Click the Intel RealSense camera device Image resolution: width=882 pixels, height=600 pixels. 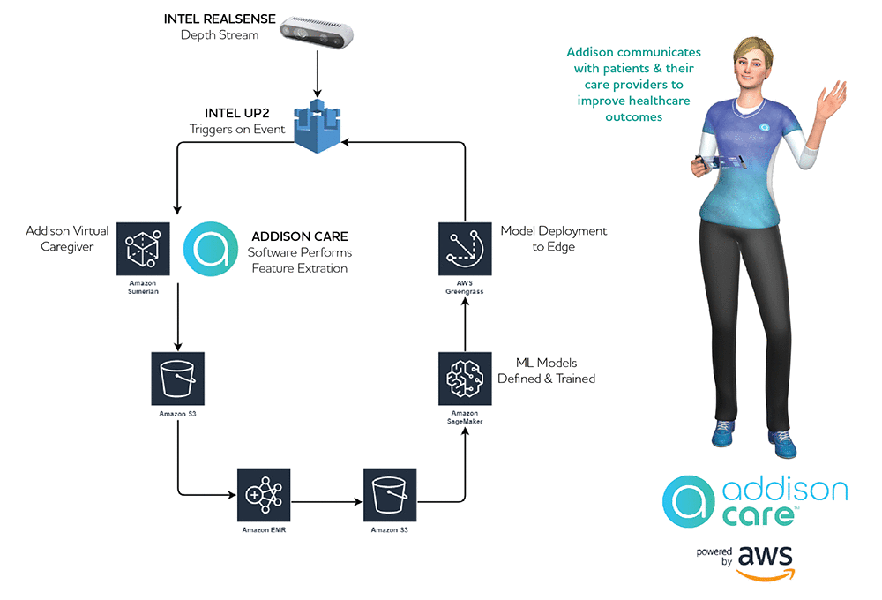click(x=317, y=34)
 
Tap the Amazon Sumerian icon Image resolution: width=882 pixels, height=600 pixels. click(x=143, y=248)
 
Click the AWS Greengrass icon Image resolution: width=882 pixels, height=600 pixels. click(x=465, y=248)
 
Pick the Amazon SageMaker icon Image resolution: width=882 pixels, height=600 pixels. click(x=465, y=379)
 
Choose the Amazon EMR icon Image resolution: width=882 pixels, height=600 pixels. click(x=264, y=494)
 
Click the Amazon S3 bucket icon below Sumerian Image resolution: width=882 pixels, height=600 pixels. click(x=178, y=379)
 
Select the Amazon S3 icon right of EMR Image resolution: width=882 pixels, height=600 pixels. click(x=390, y=494)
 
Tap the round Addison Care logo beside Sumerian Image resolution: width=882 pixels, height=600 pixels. click(x=210, y=249)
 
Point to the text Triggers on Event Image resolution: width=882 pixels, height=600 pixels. click(x=237, y=130)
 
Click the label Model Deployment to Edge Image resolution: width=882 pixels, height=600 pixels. click(x=554, y=238)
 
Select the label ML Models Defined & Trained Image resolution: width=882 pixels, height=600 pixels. click(x=546, y=371)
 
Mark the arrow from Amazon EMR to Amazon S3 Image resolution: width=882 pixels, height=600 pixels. click(x=326, y=502)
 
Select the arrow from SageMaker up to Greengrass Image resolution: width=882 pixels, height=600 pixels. click(x=465, y=322)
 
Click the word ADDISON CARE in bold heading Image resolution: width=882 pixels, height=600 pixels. click(x=299, y=236)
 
